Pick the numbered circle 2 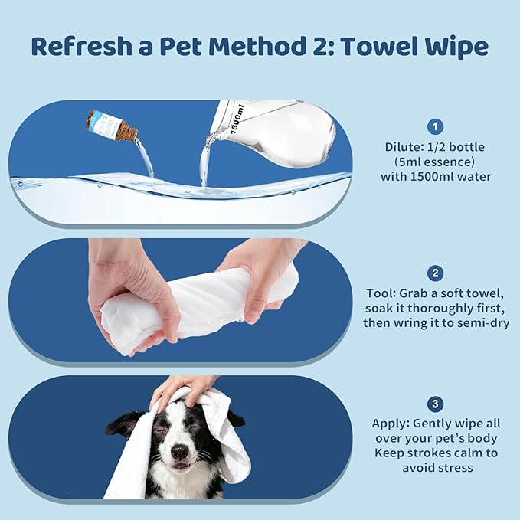click(x=434, y=273)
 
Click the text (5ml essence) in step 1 click(x=434, y=161)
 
